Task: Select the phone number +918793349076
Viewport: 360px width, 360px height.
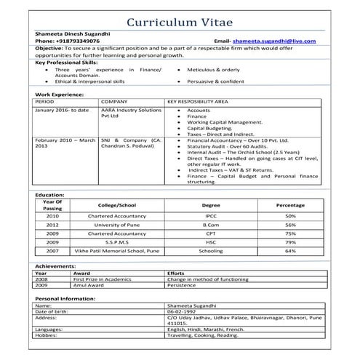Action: pos(76,41)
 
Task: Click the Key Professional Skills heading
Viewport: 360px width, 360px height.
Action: pos(65,63)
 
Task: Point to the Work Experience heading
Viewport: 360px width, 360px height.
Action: pos(60,95)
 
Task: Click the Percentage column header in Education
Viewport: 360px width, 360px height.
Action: pos(290,205)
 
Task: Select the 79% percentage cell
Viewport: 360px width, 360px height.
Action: pos(290,242)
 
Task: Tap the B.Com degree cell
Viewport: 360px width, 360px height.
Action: pos(210,225)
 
